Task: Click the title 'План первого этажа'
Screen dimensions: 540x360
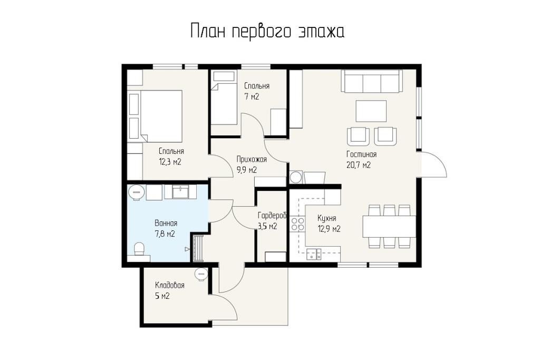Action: coord(267,32)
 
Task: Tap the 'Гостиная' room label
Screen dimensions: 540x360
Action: coord(361,154)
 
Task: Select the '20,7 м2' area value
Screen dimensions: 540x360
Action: coord(359,165)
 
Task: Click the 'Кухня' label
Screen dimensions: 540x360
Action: coord(327,218)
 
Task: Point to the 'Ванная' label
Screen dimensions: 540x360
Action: coord(166,223)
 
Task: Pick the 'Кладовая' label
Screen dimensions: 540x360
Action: coord(170,285)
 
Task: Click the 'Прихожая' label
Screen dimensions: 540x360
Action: coord(252,159)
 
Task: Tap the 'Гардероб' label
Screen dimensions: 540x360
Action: coord(272,216)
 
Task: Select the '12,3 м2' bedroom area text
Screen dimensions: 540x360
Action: coord(170,162)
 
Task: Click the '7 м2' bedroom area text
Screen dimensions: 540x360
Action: coord(252,97)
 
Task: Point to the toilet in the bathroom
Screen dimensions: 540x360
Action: coord(139,249)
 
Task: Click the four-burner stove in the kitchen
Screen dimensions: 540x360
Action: coord(297,224)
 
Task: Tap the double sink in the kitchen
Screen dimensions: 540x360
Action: coord(314,254)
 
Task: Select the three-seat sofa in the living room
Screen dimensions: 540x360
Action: coord(372,81)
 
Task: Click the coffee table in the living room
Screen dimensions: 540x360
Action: coord(371,111)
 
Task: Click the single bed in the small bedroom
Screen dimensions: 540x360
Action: coord(224,98)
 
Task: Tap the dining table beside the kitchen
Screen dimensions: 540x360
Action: coord(389,226)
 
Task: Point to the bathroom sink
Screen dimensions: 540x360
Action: coord(180,192)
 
